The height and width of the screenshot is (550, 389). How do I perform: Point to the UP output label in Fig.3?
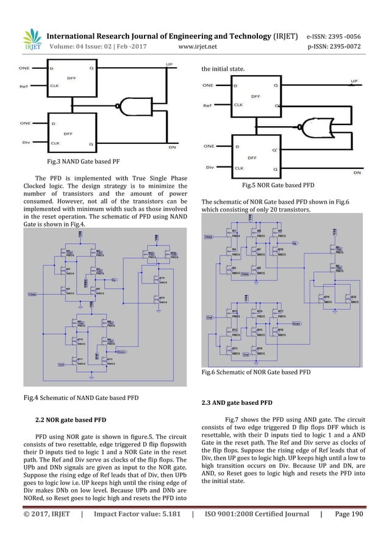click(169, 64)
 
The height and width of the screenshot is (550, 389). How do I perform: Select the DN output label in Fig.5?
click(356, 173)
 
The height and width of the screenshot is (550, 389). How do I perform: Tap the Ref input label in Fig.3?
click(24, 87)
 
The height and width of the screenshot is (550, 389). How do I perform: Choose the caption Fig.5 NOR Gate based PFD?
click(278, 184)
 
